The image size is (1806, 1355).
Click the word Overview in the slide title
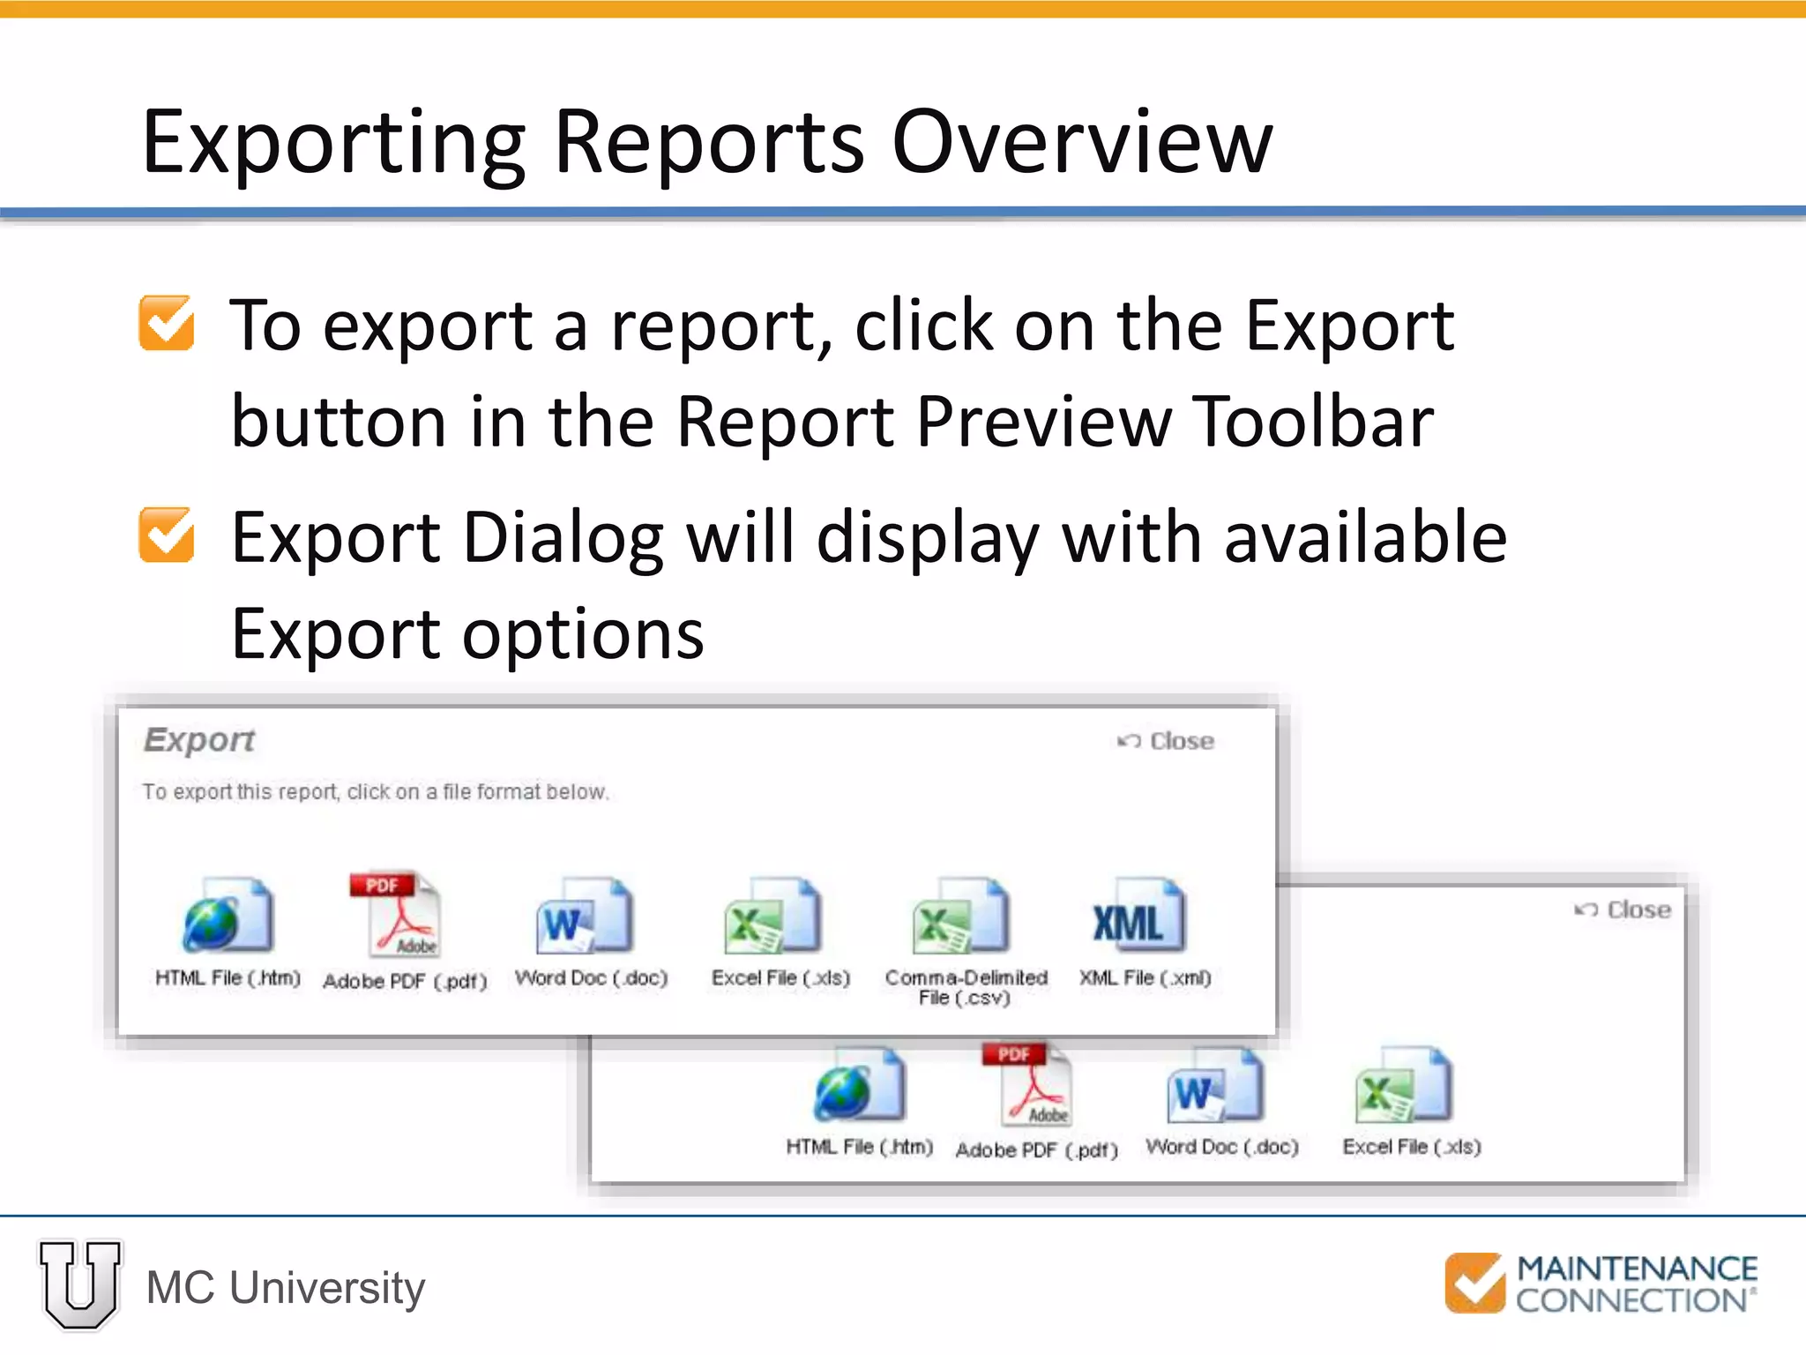[x=1082, y=142]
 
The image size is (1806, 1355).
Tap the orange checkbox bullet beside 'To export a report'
[x=167, y=323]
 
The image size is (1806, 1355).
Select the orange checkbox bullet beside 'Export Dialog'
[x=167, y=535]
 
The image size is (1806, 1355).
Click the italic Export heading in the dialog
[x=199, y=739]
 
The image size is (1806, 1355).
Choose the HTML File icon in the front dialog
[x=228, y=916]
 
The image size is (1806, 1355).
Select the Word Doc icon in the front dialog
[x=584, y=916]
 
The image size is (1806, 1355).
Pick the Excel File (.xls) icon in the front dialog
[x=772, y=916]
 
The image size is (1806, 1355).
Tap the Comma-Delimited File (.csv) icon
[x=961, y=916]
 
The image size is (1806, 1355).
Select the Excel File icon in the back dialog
[x=1403, y=1085]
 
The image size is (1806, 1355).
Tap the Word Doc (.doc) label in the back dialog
[x=1221, y=1147]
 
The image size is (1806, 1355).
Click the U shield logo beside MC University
[x=80, y=1284]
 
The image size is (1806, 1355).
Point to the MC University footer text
[x=286, y=1288]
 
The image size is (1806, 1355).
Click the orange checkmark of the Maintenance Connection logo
[x=1474, y=1283]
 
